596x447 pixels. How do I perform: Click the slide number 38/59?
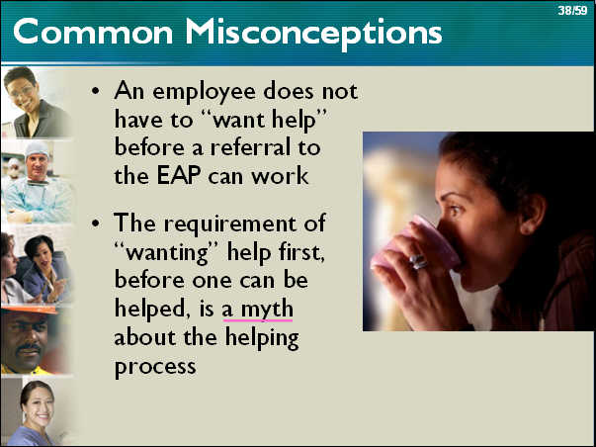tap(572, 10)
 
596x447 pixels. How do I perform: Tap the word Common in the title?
tap(93, 32)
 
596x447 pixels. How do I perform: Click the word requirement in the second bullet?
tap(229, 223)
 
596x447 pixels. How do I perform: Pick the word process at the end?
tap(155, 367)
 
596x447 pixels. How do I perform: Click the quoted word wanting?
tap(166, 252)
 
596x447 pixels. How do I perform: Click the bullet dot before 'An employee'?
tap(96, 92)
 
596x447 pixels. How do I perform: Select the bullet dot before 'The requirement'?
tap(96, 223)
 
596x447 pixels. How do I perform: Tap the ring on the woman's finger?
tap(418, 261)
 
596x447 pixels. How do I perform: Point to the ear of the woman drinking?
tap(533, 215)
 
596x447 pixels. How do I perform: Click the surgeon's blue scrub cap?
tap(37, 148)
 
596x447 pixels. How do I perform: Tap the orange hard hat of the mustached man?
tap(29, 310)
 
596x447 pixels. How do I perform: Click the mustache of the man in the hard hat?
tap(29, 347)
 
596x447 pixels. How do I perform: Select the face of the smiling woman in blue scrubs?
tap(38, 405)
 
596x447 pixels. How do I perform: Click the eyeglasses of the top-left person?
tap(22, 90)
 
